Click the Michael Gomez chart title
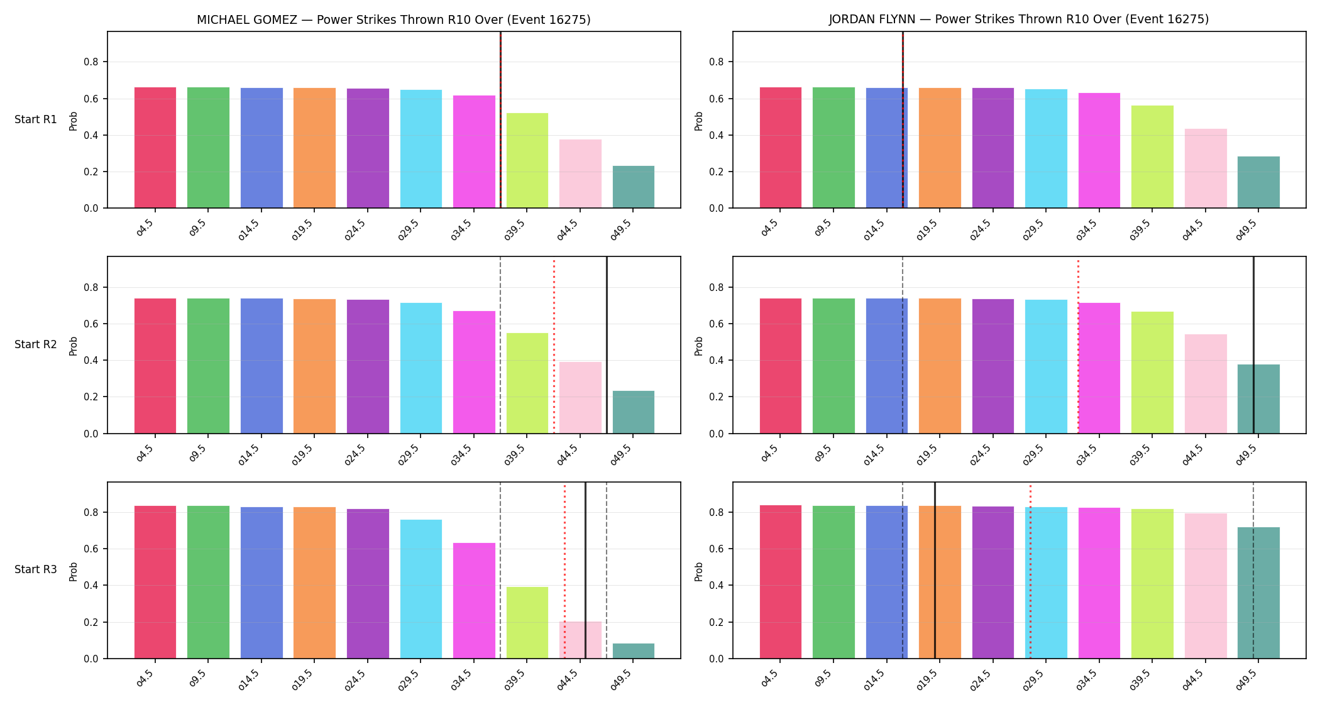(393, 19)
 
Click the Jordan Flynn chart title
(1018, 19)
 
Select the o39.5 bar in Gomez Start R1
(527, 160)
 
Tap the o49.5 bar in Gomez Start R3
(633, 651)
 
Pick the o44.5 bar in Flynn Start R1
(1205, 168)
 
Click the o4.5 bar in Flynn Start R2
(780, 366)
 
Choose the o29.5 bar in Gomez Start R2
(421, 368)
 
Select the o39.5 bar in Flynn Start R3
(1152, 584)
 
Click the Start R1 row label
(36, 119)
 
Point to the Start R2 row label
(36, 344)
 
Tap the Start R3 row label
(36, 569)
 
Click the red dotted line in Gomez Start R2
(554, 345)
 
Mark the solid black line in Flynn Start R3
(935, 570)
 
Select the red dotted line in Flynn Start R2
(1078, 345)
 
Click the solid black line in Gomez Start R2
(607, 345)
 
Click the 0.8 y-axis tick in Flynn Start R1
(717, 62)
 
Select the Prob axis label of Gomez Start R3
(73, 571)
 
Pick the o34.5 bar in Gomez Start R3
(474, 601)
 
